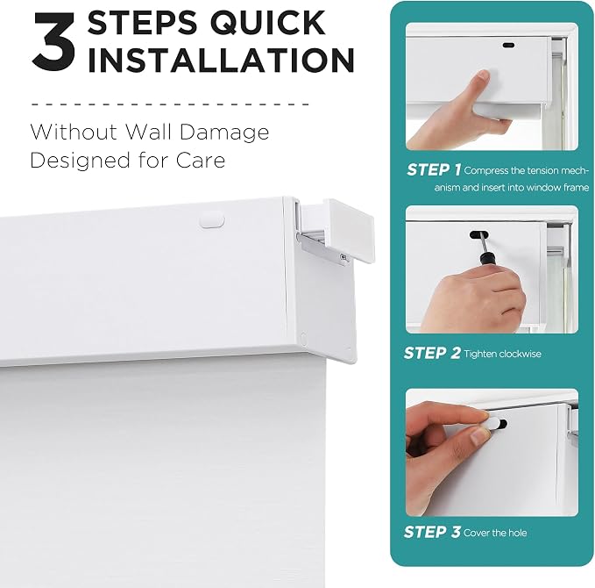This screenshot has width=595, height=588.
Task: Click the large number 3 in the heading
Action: point(53,41)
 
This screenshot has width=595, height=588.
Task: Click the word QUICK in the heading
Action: point(267,23)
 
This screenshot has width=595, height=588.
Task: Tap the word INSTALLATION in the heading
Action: point(221,60)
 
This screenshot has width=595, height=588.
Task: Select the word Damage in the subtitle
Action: point(223,133)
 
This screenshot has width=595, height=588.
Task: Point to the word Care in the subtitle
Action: point(201,160)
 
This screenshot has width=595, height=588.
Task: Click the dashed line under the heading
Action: point(170,104)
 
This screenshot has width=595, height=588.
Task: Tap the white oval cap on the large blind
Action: point(212,221)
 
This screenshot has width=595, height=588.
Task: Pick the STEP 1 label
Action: point(434,169)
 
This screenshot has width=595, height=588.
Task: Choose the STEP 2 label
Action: point(432,353)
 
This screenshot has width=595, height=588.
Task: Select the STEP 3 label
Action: point(432,532)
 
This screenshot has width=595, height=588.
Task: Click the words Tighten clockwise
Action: point(502,354)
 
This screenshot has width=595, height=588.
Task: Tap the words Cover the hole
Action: point(495,533)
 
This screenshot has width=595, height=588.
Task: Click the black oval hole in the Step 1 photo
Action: point(508,46)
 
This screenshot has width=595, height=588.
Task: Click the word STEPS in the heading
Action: point(143,23)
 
